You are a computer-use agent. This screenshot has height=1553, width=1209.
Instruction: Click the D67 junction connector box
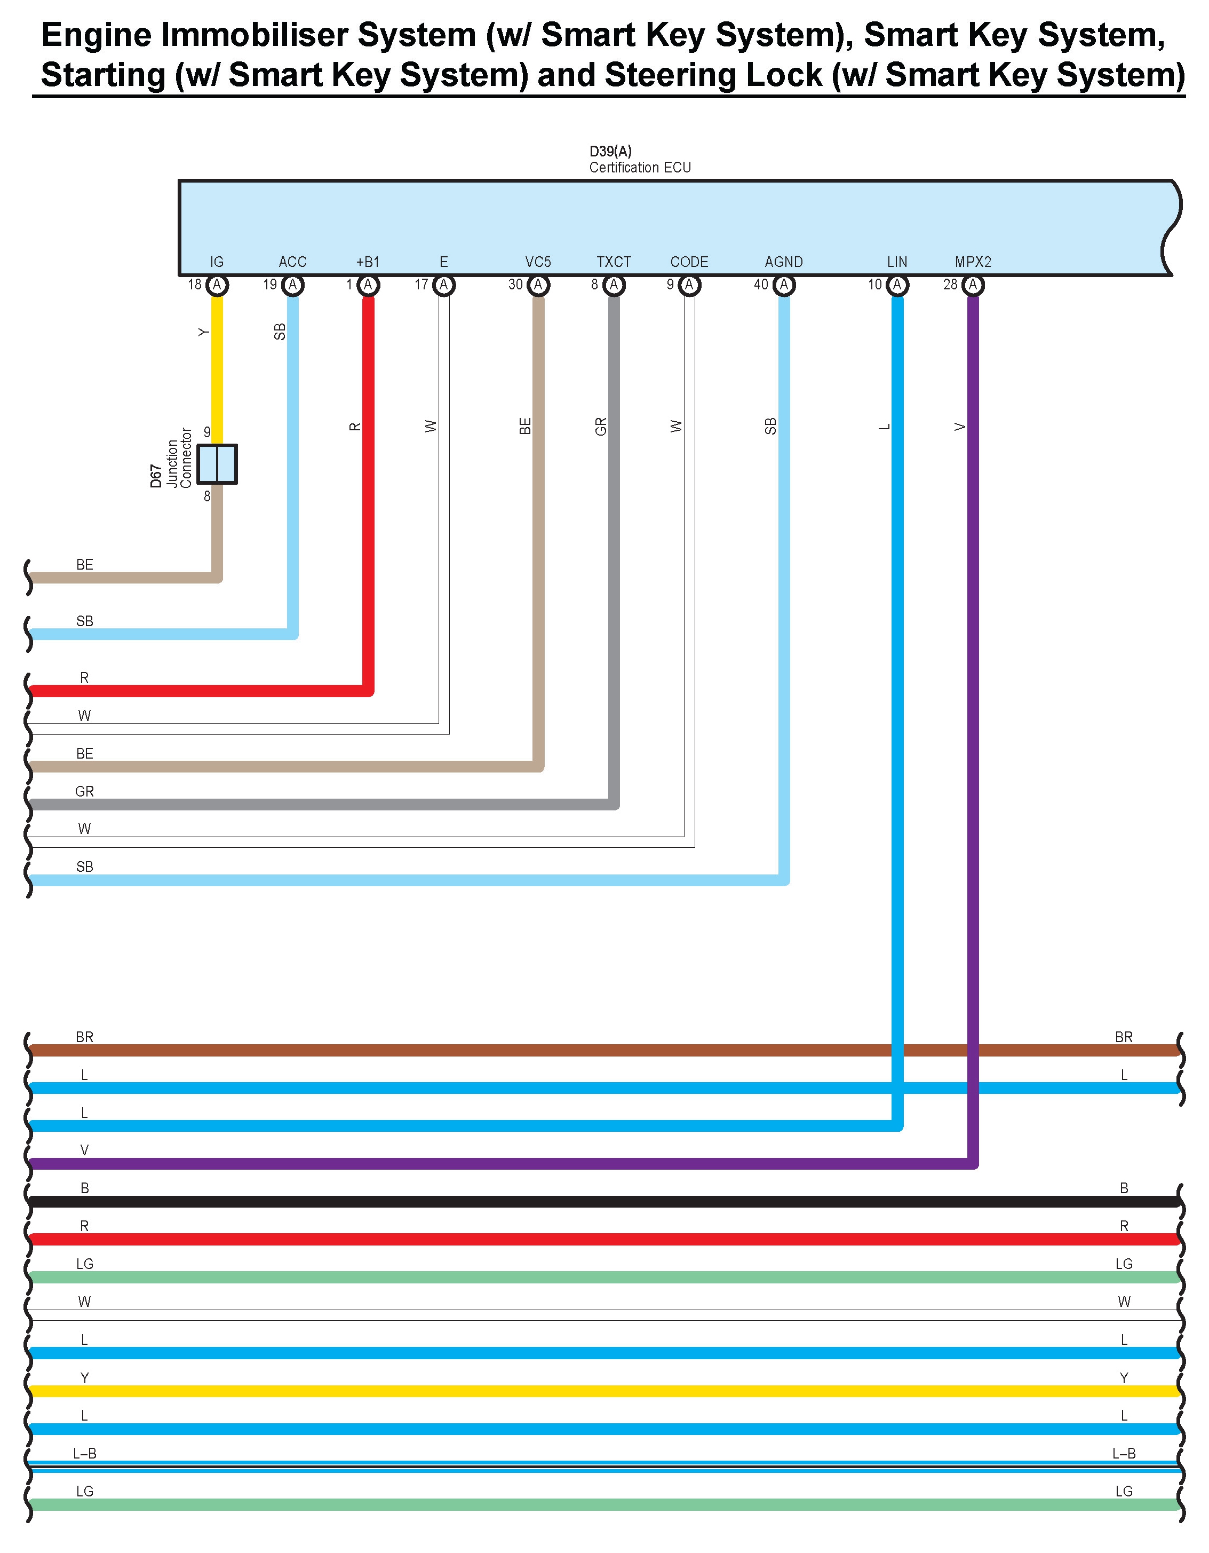click(x=217, y=464)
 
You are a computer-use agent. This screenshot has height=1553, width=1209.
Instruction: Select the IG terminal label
click(x=217, y=262)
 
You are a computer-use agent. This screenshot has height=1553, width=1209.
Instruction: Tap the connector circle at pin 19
click(x=292, y=285)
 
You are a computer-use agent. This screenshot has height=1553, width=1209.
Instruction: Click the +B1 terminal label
click(x=368, y=262)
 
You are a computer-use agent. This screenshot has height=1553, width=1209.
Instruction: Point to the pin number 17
click(x=421, y=285)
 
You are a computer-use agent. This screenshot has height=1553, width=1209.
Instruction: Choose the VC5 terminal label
click(x=538, y=262)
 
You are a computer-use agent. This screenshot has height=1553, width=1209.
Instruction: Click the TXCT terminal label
click(x=614, y=262)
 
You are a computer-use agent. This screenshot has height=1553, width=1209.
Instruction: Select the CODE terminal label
click(x=689, y=262)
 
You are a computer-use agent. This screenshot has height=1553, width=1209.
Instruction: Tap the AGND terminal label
click(x=783, y=262)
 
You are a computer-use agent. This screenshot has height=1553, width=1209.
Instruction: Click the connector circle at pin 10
click(x=897, y=285)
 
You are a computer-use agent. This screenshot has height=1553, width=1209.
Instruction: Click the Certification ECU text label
click(x=640, y=168)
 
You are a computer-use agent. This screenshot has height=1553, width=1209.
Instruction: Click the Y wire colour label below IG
click(x=203, y=332)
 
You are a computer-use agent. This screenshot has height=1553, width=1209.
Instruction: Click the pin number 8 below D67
click(x=207, y=496)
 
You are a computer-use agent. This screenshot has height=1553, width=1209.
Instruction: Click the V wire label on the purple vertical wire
click(x=959, y=427)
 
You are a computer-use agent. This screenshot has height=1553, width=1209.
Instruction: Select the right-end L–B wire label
click(x=1124, y=1454)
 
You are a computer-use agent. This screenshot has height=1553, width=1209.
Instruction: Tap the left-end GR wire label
click(x=85, y=791)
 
